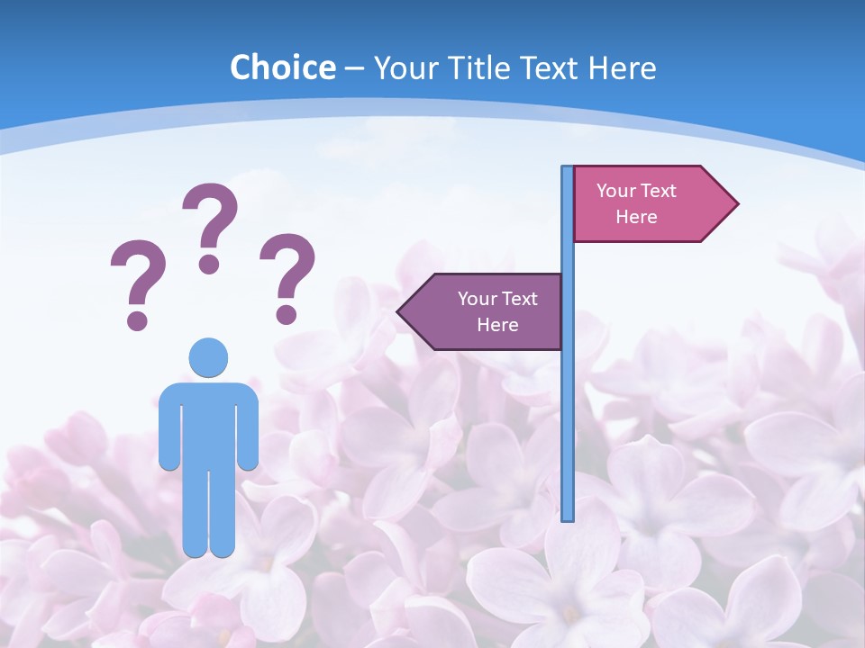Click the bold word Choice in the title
click(282, 67)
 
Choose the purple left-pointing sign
click(487, 311)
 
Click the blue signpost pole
click(568, 405)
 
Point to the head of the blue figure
click(208, 357)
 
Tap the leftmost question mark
click(137, 279)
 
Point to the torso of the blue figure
click(208, 423)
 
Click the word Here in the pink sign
click(636, 217)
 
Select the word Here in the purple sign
click(497, 325)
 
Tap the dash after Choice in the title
click(354, 68)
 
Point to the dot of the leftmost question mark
click(137, 319)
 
